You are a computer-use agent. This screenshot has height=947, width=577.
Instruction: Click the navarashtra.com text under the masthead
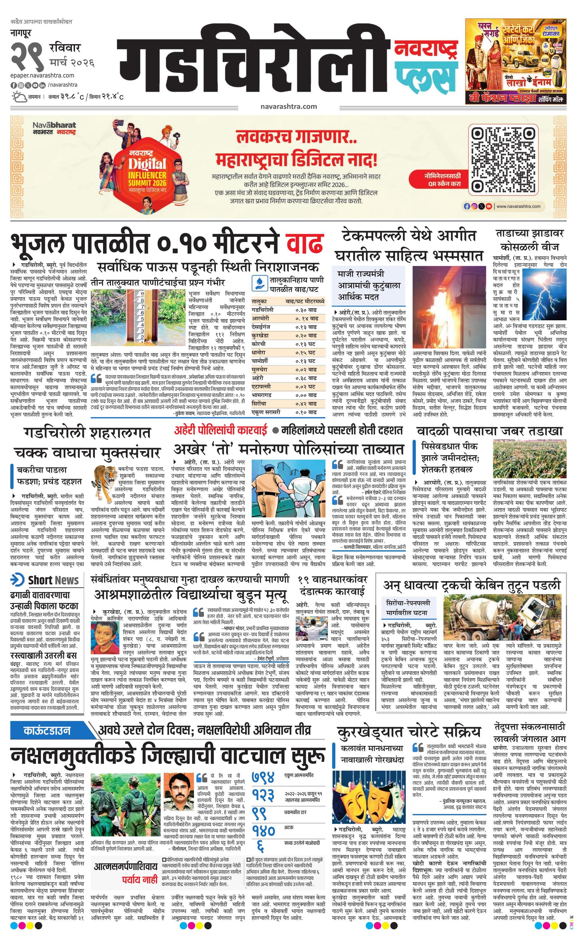click(288, 107)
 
